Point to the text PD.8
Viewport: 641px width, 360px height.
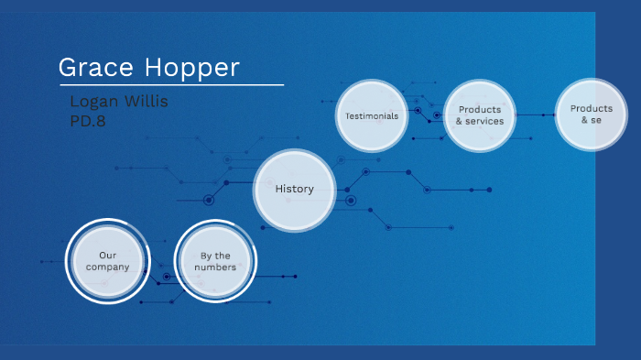(x=88, y=120)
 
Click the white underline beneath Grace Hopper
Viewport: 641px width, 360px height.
(x=170, y=85)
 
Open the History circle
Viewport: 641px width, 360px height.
(x=294, y=190)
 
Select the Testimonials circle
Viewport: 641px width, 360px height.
(x=372, y=116)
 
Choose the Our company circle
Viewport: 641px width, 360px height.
(x=108, y=261)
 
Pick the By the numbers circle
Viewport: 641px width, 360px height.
(x=215, y=261)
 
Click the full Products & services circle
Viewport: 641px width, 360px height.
(x=480, y=115)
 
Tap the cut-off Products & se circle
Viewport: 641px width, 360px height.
(x=591, y=115)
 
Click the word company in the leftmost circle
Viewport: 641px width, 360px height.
(x=108, y=267)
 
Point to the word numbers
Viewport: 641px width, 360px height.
(x=215, y=267)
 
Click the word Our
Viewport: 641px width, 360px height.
(x=108, y=256)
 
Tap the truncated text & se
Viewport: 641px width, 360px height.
(x=591, y=120)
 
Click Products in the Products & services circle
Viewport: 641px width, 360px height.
(x=480, y=110)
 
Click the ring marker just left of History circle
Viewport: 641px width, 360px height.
(x=209, y=200)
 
